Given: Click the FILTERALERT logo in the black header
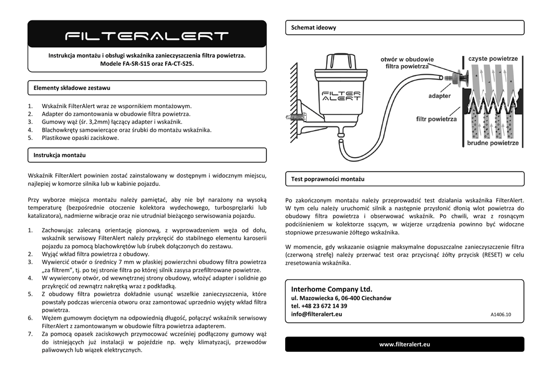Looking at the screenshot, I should click(x=147, y=36).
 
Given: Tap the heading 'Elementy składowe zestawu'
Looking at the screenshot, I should click(x=72, y=88).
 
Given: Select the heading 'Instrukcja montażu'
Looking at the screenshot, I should click(x=59, y=155).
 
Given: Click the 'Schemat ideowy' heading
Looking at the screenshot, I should click(x=313, y=27).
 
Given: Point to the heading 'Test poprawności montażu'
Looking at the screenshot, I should click(x=328, y=179).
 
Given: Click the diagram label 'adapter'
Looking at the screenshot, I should click(x=439, y=96).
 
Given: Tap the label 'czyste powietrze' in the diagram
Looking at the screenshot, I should click(x=493, y=59).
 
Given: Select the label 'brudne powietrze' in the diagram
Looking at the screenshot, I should click(x=493, y=143).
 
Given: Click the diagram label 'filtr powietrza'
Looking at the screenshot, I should click(x=436, y=119).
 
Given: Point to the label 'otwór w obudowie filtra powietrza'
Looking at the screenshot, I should click(x=407, y=62).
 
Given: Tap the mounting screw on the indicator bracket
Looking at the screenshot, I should click(x=297, y=116).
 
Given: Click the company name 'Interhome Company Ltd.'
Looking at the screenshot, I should click(x=331, y=289).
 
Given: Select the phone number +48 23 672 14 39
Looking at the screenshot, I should click(x=319, y=306).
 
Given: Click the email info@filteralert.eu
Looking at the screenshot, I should click(x=316, y=314).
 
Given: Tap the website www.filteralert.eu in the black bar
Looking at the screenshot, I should click(x=404, y=344).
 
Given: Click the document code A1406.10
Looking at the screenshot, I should click(x=500, y=315).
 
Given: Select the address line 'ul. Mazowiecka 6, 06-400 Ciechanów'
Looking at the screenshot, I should click(x=341, y=298).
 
